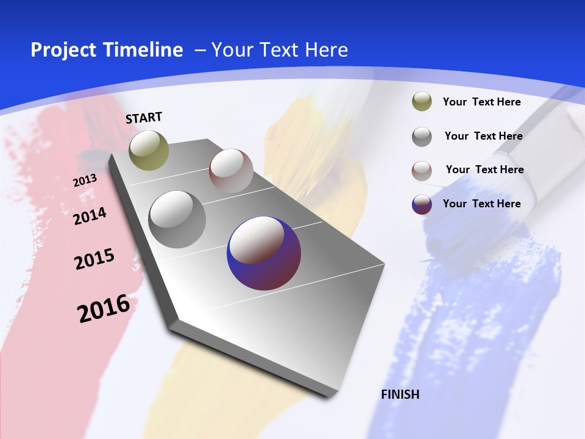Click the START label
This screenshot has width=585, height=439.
[144, 118]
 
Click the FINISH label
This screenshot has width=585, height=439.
[400, 394]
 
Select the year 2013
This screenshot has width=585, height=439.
[85, 180]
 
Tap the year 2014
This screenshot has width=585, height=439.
[90, 216]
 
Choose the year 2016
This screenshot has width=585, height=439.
[104, 308]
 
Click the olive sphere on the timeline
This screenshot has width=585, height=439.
[149, 150]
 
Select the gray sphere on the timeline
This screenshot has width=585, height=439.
[177, 220]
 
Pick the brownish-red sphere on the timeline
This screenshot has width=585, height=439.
[231, 171]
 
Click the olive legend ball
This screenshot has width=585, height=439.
[422, 102]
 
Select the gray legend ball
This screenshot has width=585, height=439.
[422, 136]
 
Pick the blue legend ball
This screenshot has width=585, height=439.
[422, 204]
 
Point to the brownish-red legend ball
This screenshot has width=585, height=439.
[422, 170]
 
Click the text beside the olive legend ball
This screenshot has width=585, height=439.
[481, 102]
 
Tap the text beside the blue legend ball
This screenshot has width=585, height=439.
[481, 204]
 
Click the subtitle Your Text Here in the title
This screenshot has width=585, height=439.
[280, 50]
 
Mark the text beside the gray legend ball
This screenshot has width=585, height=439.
[483, 136]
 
